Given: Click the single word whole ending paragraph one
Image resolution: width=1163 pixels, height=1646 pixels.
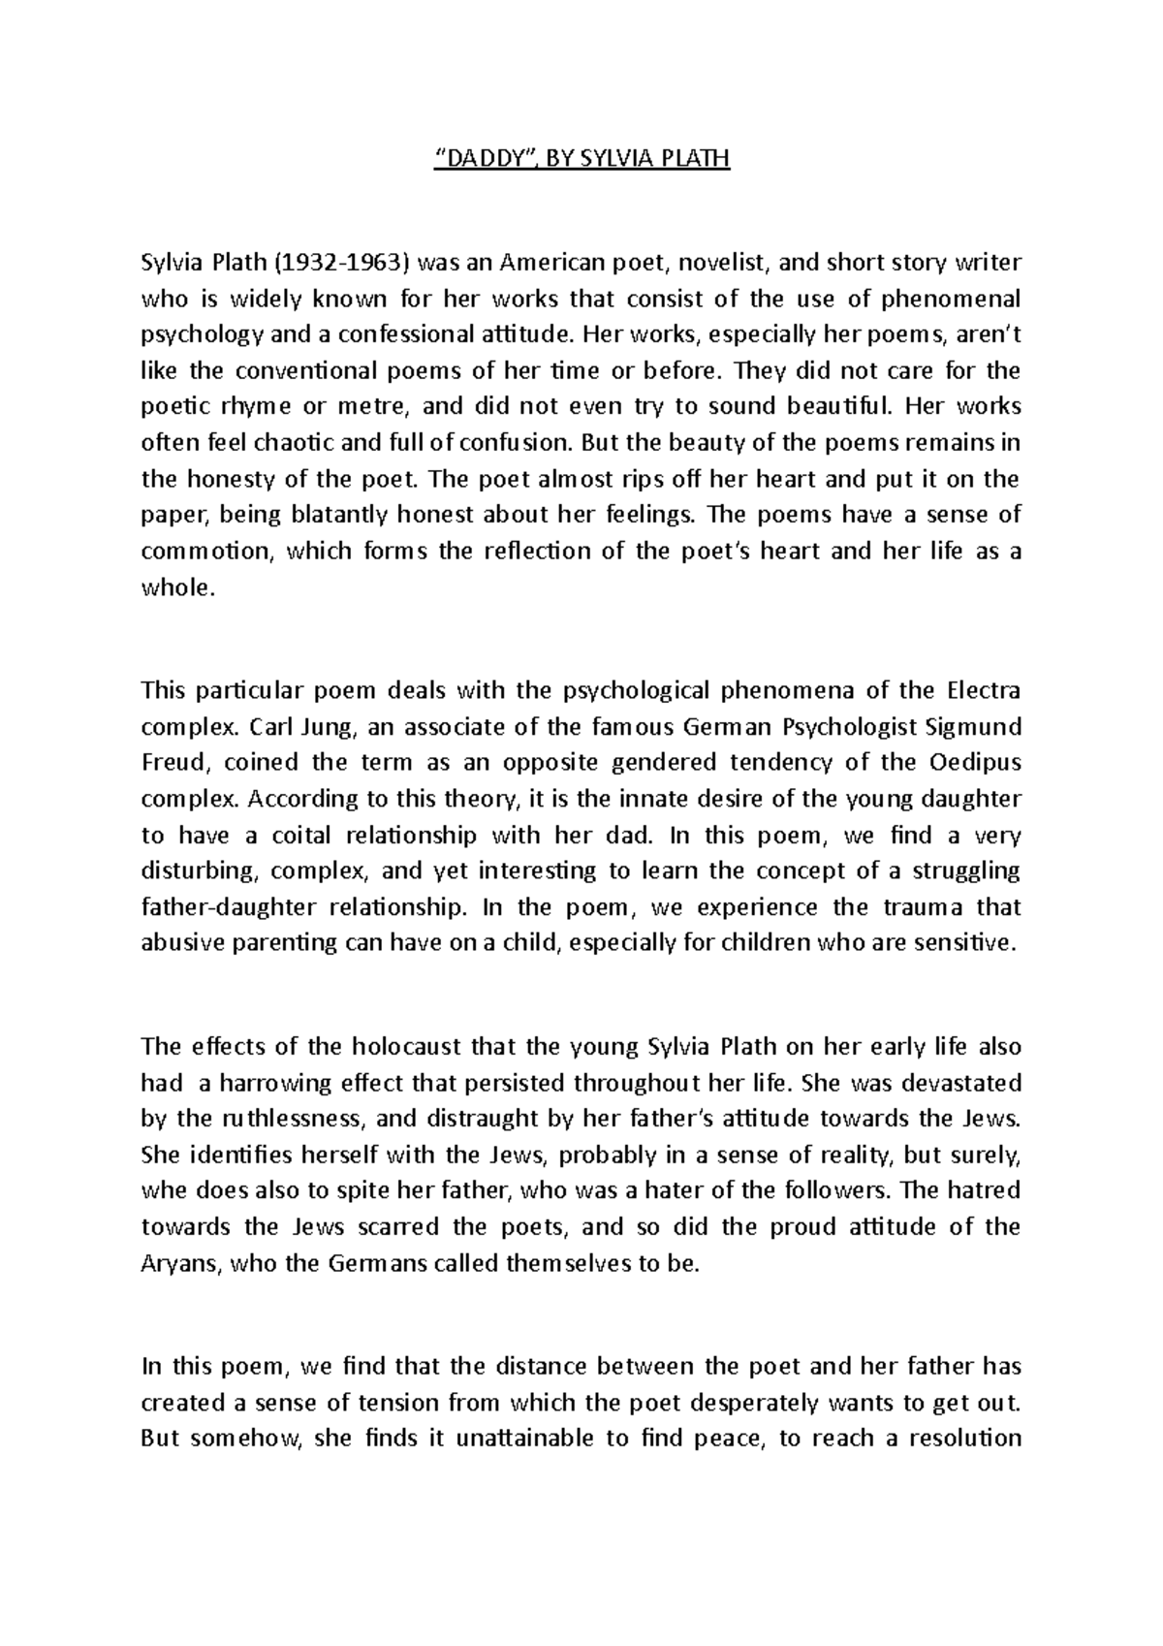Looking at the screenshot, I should coord(174,587).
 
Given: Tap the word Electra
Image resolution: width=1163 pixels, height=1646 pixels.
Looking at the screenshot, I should coord(979,690).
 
